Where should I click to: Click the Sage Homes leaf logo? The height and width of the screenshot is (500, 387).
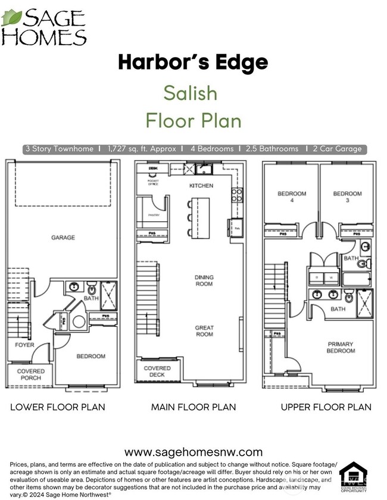click(12, 17)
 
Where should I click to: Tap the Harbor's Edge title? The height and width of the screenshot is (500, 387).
click(193, 62)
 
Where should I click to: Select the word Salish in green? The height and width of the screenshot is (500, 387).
click(190, 93)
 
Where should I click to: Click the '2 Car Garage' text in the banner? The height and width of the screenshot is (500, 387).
click(337, 149)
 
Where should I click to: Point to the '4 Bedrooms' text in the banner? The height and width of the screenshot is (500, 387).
click(211, 149)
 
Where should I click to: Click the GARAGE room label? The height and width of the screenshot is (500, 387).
click(63, 237)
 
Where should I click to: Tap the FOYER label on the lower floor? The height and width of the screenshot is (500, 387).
click(24, 345)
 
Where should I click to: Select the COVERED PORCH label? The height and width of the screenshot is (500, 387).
click(30, 375)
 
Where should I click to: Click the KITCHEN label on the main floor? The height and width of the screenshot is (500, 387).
click(201, 186)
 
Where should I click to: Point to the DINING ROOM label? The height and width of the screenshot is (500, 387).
click(204, 281)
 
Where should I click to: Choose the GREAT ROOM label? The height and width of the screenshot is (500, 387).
click(204, 331)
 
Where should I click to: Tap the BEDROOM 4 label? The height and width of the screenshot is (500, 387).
click(292, 197)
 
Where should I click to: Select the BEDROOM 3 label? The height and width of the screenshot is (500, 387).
click(347, 197)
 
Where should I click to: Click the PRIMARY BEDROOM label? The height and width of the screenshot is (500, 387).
click(340, 348)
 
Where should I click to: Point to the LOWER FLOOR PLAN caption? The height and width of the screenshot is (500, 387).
click(58, 407)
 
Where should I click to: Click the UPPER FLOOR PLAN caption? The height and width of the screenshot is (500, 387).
click(326, 407)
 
